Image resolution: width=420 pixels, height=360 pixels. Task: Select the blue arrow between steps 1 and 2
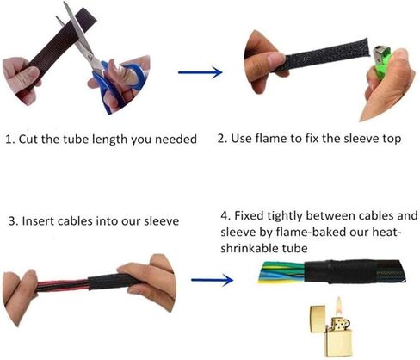(201, 72)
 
